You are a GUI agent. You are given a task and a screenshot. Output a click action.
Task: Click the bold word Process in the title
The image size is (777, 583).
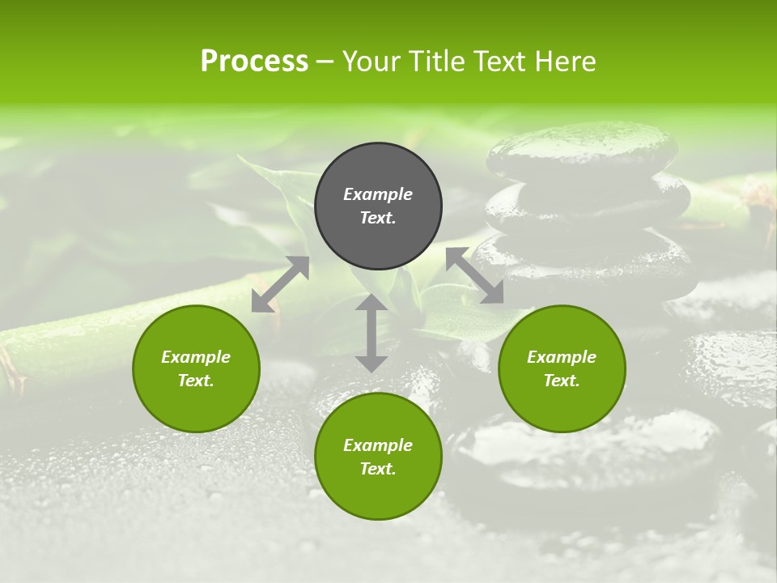coord(254,62)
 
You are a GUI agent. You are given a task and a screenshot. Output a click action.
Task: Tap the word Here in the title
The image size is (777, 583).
coord(564,62)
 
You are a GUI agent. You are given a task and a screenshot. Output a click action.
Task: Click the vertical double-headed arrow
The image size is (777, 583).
coord(372,333)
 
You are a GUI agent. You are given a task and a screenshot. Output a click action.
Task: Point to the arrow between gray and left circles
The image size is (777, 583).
coord(280,284)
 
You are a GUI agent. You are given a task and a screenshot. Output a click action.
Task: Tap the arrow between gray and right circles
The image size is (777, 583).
coord(475,275)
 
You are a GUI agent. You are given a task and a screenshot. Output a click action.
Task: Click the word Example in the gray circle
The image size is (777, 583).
coord(378,194)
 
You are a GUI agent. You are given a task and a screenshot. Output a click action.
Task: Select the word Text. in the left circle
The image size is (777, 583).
coord(196,381)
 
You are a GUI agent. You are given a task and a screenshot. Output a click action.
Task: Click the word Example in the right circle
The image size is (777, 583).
coord(562,357)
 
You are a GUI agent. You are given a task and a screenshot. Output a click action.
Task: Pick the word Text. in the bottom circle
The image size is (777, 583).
coord(378,469)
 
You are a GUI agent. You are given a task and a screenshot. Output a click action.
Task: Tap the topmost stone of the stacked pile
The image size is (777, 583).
coord(583,151)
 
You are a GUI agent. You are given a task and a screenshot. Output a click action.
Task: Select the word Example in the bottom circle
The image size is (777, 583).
coord(378,445)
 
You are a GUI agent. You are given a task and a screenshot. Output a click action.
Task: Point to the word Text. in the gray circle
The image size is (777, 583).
coord(378,218)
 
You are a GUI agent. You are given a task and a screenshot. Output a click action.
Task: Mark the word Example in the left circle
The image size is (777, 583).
coord(196,357)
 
